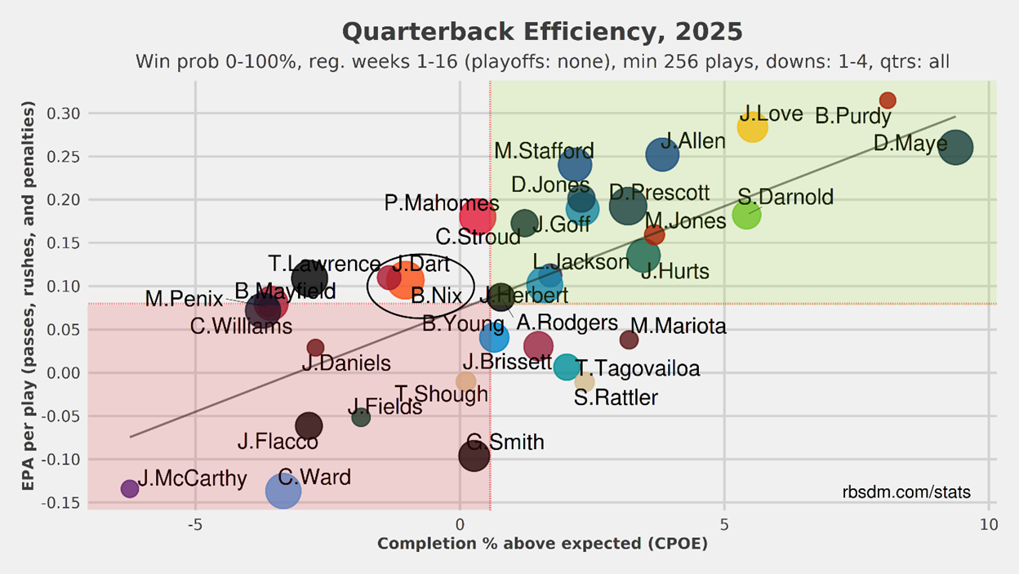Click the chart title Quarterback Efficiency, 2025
pos(542,33)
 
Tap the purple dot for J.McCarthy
pos(129,488)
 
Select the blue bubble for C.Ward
pos(283,490)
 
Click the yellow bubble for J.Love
pos(752,127)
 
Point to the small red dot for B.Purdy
pos(888,100)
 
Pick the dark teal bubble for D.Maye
pos(956,148)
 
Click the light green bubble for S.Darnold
pos(746,214)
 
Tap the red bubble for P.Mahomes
pos(477,216)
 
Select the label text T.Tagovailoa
pos(638,369)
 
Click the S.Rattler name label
pos(616,398)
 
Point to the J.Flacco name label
pos(278,442)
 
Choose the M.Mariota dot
pos(629,340)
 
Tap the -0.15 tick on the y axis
pos(60,502)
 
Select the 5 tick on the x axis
pos(724,524)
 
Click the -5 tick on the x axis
pos(195,524)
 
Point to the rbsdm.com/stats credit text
pos(906,492)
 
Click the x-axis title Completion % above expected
pos(542,544)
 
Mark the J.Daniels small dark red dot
pos(315,348)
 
